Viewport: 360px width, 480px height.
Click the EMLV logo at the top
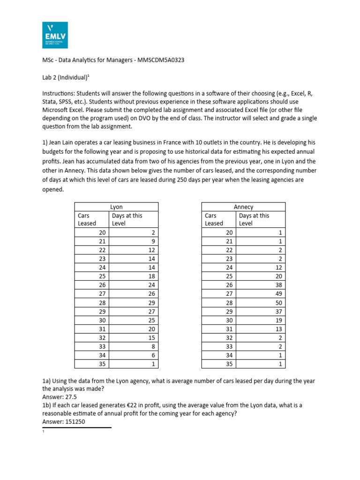point(54,35)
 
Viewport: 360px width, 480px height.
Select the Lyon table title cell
point(116,207)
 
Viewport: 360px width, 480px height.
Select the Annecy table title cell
point(243,207)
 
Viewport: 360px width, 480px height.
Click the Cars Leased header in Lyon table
point(87,219)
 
